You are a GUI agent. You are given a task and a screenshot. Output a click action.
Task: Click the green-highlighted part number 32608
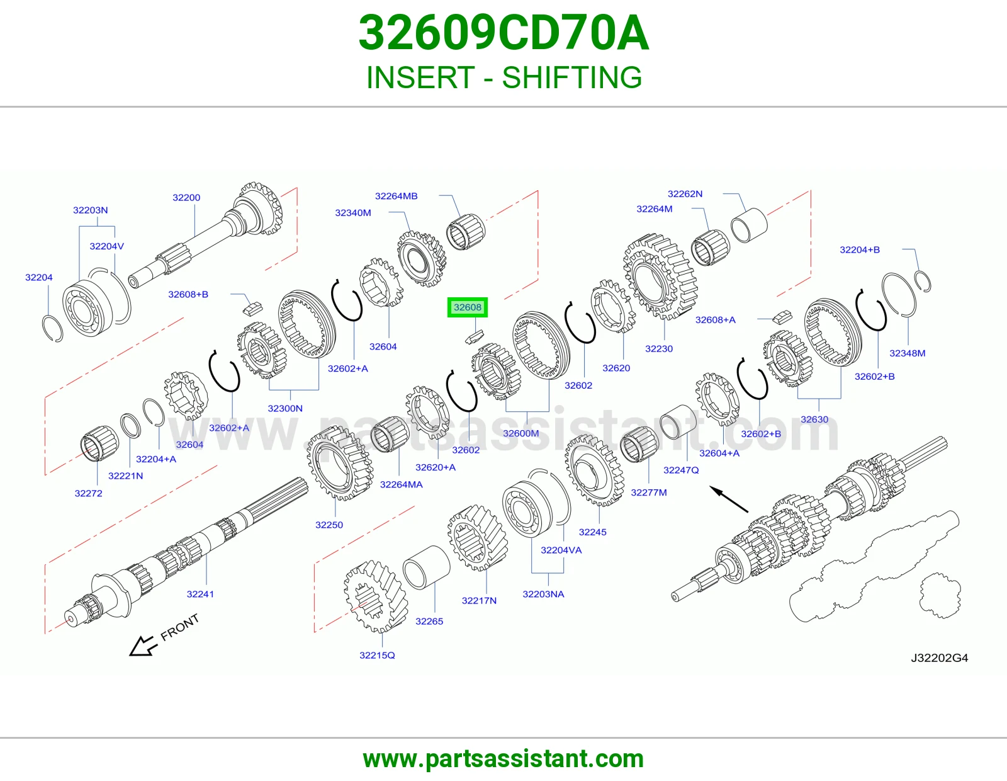[x=467, y=307]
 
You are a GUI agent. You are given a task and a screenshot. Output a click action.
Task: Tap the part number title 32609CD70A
[x=503, y=33]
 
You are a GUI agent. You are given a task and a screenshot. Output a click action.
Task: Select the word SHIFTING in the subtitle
[x=572, y=77]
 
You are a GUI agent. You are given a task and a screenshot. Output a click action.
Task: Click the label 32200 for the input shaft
[x=186, y=198]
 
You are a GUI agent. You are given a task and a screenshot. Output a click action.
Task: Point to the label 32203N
[x=91, y=210]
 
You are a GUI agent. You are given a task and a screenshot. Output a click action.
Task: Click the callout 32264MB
[x=397, y=196]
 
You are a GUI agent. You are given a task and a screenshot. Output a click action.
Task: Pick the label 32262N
[x=685, y=194]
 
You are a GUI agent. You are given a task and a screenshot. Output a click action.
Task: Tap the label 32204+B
[x=860, y=250]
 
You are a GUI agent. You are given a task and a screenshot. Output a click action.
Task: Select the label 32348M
[x=908, y=353]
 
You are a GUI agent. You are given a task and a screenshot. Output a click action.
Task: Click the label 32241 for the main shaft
[x=200, y=594]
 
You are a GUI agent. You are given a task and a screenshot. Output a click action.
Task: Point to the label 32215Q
[x=377, y=655]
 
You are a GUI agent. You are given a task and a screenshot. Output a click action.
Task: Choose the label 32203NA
[x=543, y=594]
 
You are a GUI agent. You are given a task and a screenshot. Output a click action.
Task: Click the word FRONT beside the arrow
[x=180, y=627]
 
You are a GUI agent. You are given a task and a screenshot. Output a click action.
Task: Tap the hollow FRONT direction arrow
[x=142, y=646]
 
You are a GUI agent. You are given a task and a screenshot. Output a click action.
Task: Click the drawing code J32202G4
[x=939, y=658]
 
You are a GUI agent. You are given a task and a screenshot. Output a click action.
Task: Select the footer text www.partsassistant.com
[x=503, y=759]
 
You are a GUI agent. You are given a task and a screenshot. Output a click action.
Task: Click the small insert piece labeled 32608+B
[x=253, y=307]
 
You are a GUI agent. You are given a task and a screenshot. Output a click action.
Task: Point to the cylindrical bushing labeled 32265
[x=426, y=567]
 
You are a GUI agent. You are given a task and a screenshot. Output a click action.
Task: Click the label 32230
[x=659, y=349]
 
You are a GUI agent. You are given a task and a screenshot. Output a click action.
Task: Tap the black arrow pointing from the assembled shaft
[x=729, y=499]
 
